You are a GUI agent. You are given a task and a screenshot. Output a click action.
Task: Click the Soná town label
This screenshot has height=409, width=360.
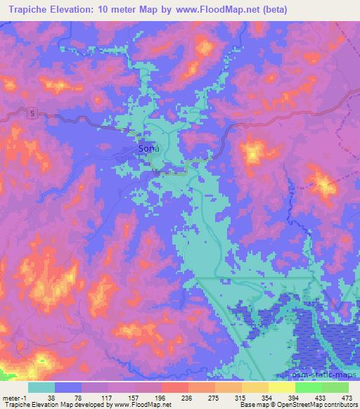(148, 149)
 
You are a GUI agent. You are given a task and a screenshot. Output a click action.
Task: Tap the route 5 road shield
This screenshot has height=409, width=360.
(32, 112)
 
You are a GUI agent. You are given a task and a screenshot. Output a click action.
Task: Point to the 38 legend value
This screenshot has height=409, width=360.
(51, 397)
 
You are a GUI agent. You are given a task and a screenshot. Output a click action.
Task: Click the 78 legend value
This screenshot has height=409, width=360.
(78, 397)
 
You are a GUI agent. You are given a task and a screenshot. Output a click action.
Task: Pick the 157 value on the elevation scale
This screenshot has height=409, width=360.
(134, 397)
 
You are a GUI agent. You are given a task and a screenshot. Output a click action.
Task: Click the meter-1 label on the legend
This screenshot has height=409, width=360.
(14, 397)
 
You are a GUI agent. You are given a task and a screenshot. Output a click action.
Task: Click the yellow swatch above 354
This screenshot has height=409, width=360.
(255, 387)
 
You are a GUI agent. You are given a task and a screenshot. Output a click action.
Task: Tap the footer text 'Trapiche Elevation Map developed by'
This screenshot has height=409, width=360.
(46, 405)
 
